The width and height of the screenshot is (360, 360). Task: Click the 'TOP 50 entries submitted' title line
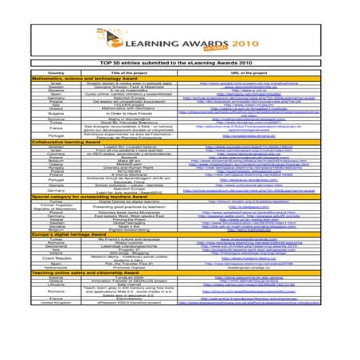[179, 62]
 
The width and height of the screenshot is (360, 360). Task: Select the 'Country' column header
[57, 72]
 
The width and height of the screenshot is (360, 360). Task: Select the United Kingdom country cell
[57, 347]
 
